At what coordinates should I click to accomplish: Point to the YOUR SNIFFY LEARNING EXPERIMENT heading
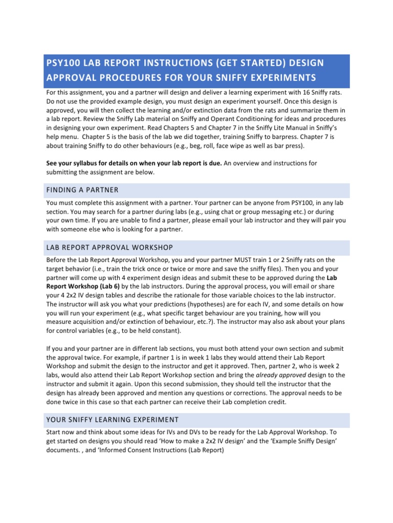[x=112, y=420]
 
